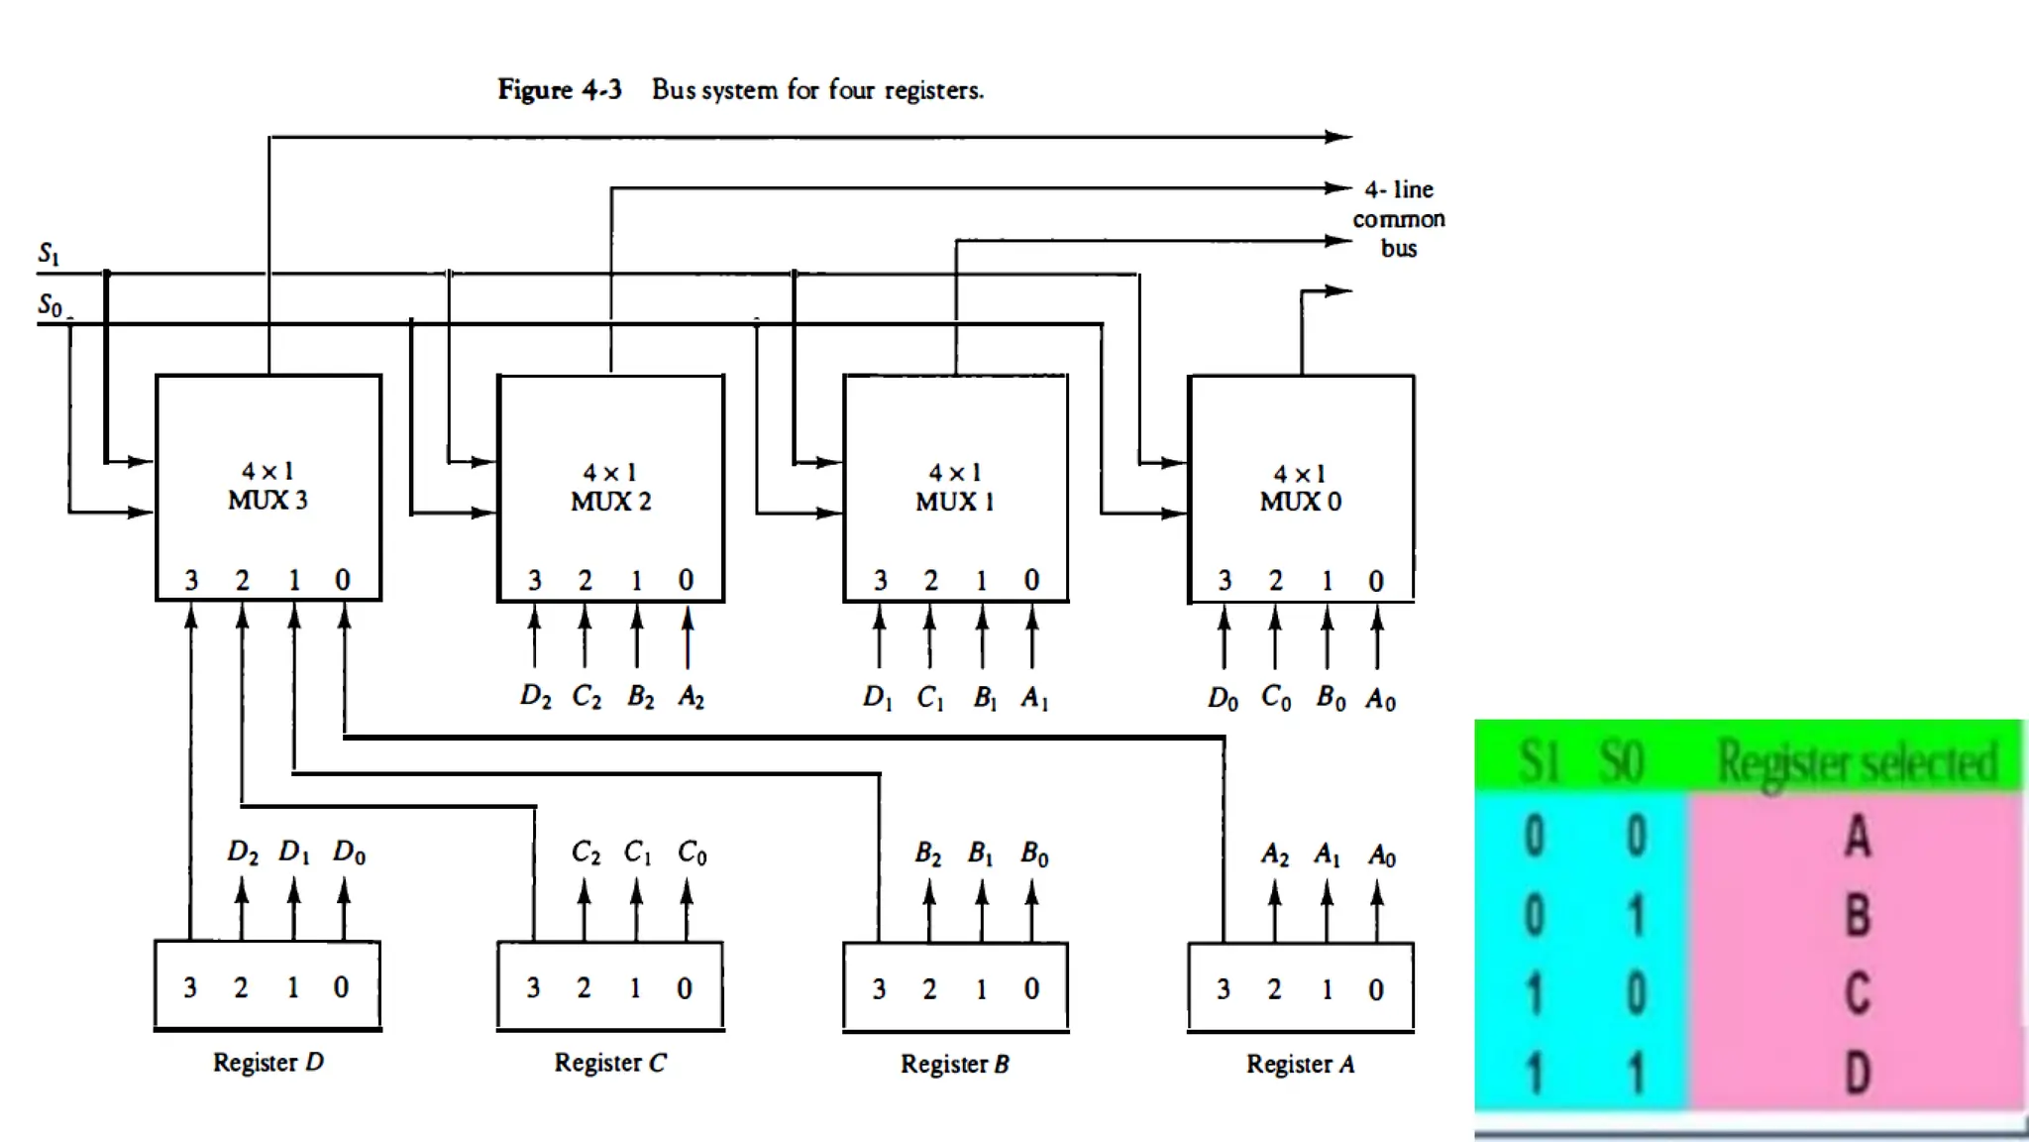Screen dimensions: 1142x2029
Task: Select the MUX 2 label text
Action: [x=610, y=501]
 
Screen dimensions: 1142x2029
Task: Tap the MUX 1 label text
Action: [x=955, y=501]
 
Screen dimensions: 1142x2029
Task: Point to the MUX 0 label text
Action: [x=1300, y=501]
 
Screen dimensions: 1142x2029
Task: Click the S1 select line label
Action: [x=49, y=255]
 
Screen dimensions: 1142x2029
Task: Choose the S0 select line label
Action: [x=51, y=305]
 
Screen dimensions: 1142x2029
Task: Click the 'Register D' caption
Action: [x=267, y=1063]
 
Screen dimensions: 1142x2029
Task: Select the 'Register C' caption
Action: [x=610, y=1063]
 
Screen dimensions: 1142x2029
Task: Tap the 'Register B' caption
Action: [x=954, y=1064]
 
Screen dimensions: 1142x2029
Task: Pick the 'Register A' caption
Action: [x=1300, y=1064]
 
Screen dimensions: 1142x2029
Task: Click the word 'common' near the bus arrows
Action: [x=1398, y=219]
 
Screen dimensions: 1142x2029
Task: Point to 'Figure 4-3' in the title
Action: [x=559, y=90]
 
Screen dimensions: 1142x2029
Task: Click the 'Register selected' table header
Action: [x=1857, y=761]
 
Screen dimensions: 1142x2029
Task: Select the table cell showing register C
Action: [x=1857, y=993]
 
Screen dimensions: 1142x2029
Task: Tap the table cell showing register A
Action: [x=1857, y=836]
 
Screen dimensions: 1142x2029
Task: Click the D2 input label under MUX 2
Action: [x=535, y=696]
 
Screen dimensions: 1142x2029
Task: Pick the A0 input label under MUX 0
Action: [x=1380, y=700]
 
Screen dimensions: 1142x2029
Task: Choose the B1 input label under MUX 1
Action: [x=984, y=699]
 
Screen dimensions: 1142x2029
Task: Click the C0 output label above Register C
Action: [x=692, y=853]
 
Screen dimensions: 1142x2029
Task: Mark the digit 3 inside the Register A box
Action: [x=1224, y=989]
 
